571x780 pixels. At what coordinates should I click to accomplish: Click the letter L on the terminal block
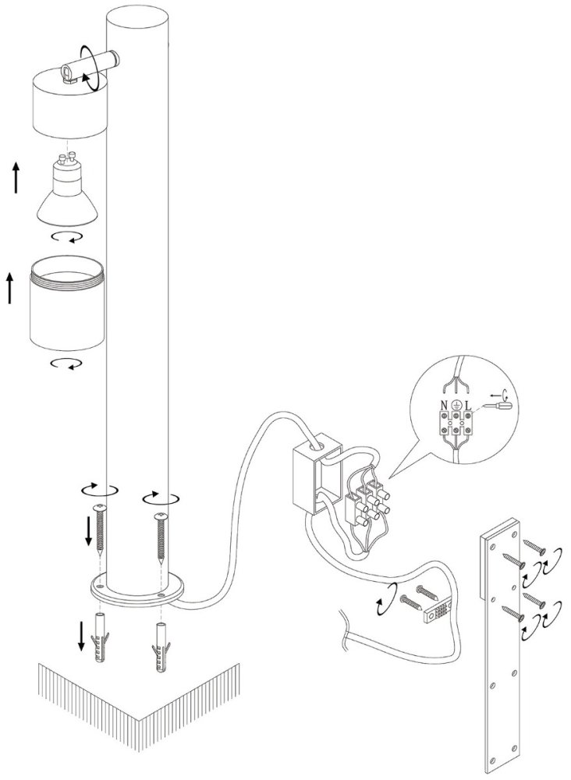tap(468, 406)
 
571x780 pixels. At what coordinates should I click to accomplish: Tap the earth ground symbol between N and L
tap(456, 406)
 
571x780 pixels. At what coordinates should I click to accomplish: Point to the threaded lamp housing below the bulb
tap(68, 304)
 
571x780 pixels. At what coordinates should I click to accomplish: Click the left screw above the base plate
tap(101, 530)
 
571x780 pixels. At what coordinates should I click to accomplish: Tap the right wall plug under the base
tap(160, 646)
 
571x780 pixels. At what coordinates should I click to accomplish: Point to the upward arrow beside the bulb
tap(16, 178)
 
